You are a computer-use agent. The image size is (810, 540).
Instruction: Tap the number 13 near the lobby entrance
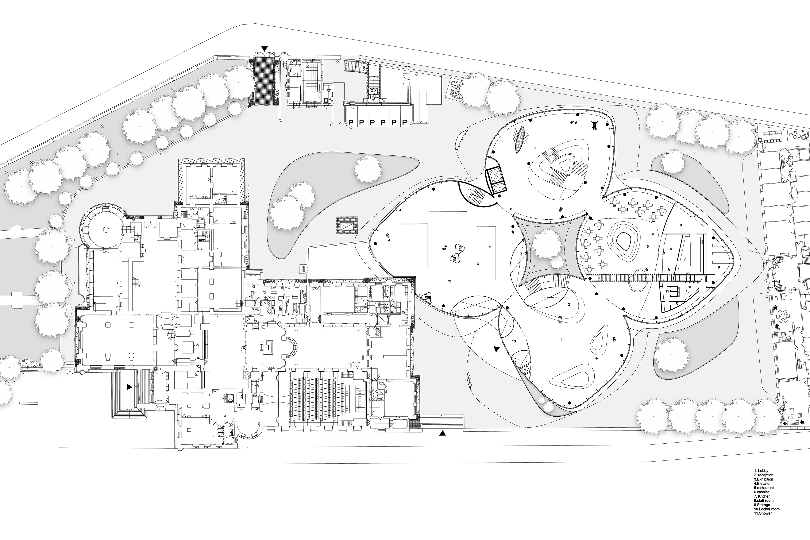[x=514, y=341]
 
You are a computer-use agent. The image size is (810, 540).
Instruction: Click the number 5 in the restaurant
[x=647, y=247]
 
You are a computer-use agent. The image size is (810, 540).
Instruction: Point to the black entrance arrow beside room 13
[x=496, y=349]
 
